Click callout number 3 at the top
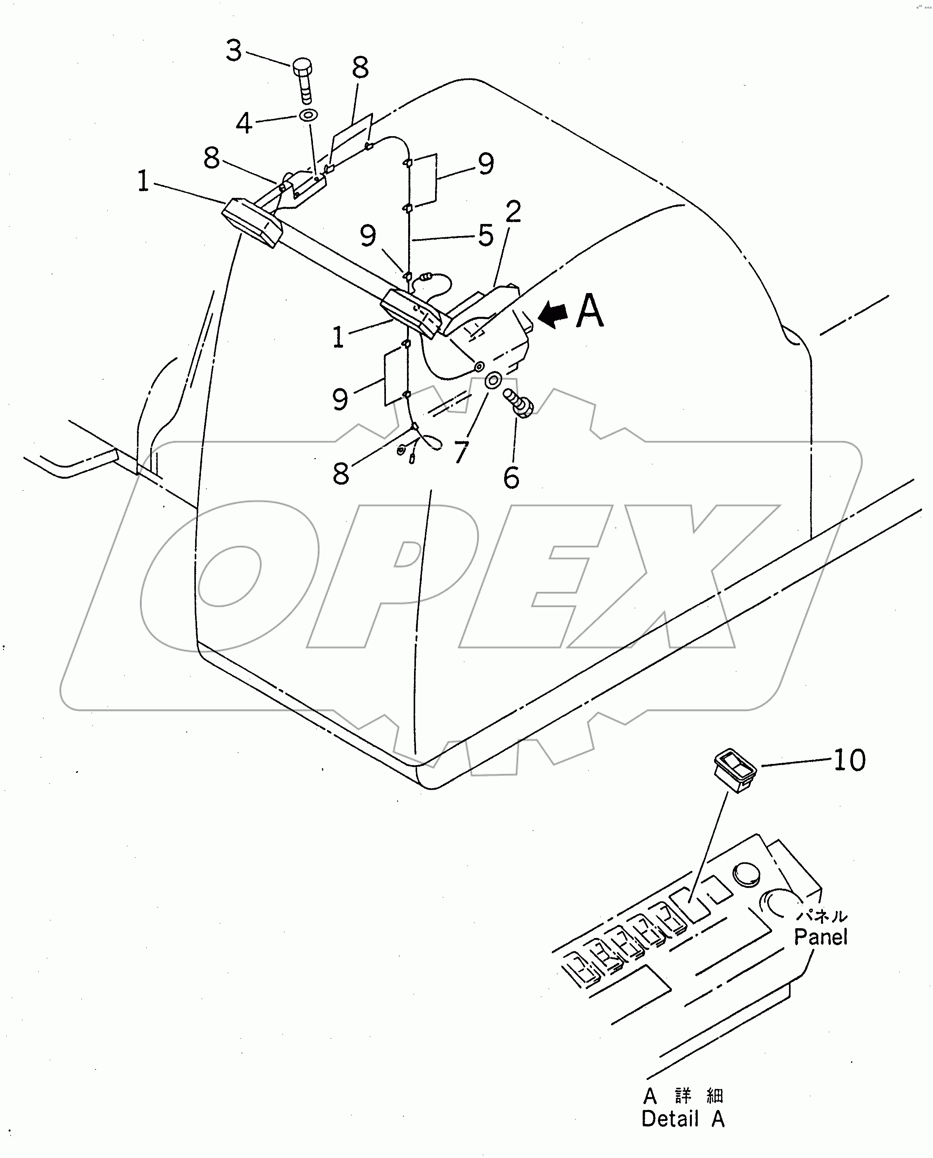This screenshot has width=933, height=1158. tap(234, 52)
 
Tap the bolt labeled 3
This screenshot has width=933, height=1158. tap(303, 81)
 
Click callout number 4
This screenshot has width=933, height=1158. tap(244, 124)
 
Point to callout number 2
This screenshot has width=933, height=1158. tap(513, 212)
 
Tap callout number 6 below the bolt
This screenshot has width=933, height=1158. tap(511, 477)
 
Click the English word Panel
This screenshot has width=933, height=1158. tap(821, 937)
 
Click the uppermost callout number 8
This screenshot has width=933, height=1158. tap(361, 68)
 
